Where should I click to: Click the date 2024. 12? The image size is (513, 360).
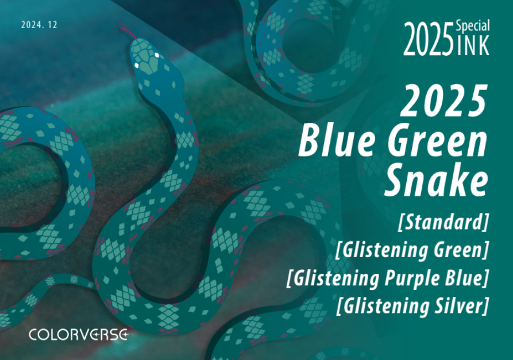[39, 25]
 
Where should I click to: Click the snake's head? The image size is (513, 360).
[145, 58]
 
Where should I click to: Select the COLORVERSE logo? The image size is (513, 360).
[78, 334]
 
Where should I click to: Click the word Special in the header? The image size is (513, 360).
[473, 25]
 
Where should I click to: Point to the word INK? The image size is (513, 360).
[473, 47]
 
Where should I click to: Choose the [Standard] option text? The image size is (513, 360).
[443, 222]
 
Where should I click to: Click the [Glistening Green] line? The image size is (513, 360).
[412, 250]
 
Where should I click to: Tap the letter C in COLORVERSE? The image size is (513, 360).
[34, 334]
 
